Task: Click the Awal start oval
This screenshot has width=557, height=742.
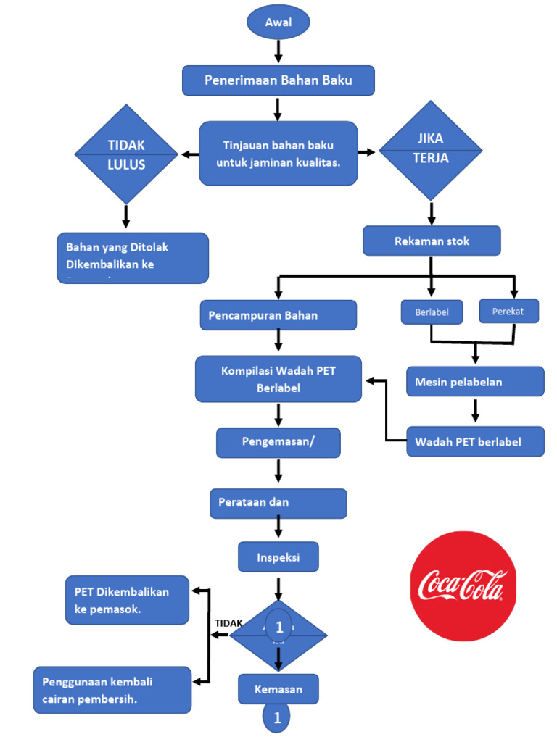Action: point(278,22)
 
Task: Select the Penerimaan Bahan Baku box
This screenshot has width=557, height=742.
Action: point(278,80)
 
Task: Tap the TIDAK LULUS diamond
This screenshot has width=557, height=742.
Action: point(126,154)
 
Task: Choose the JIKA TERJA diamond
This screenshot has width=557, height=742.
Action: point(431,151)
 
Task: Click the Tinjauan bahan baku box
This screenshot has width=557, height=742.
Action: point(278,153)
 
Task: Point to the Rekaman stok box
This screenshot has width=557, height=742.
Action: point(432,241)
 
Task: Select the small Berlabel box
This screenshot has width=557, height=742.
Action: point(432,312)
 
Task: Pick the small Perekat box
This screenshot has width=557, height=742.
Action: point(508,312)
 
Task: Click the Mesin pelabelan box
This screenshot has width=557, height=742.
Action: point(475,382)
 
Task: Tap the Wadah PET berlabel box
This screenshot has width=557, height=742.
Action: point(475,441)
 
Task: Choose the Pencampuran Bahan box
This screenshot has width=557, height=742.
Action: point(278,315)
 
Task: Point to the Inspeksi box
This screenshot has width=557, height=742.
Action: point(278,557)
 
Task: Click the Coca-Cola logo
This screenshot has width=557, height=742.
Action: point(463,585)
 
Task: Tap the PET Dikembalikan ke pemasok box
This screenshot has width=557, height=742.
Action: point(127,600)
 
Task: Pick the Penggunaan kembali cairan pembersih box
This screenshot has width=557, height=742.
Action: point(112,690)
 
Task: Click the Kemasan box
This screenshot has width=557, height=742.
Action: point(278,689)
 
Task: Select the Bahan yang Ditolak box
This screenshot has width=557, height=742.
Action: point(132,257)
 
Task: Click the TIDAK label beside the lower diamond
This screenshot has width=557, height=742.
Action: point(228,623)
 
